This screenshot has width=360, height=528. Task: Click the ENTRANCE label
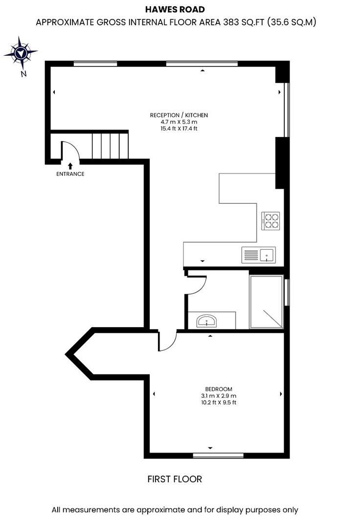point(70,174)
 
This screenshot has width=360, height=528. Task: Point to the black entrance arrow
point(70,166)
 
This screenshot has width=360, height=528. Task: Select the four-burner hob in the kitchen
point(270,220)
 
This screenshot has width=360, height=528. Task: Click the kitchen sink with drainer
point(259,254)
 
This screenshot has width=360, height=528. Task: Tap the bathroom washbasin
point(207,321)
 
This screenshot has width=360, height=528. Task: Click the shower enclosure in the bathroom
point(266,302)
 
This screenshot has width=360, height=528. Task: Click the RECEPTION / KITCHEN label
point(179,115)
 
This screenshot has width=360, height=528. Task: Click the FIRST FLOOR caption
point(175,479)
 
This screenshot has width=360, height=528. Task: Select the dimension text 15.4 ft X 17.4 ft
point(179,129)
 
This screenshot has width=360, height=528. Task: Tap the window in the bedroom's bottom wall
point(218,456)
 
